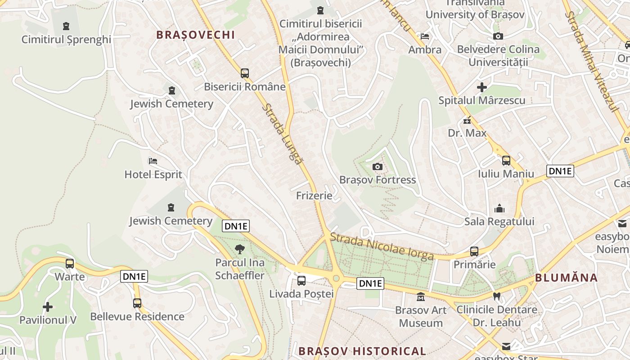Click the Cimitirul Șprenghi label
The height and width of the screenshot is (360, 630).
tap(66, 39)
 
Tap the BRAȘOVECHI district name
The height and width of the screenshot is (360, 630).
tap(196, 35)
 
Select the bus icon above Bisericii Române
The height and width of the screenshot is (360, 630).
tap(245, 73)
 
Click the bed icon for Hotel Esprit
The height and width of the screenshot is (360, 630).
tap(153, 161)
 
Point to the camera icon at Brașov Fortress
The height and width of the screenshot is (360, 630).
tap(378, 167)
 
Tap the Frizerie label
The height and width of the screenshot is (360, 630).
tap(314, 195)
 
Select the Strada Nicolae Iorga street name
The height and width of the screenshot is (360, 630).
tap(382, 246)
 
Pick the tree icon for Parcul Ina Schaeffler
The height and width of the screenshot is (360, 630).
tap(240, 249)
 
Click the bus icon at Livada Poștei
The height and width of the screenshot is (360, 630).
tap(301, 281)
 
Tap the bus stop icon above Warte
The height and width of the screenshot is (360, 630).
tap(70, 263)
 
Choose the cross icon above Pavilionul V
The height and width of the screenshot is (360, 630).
tap(48, 307)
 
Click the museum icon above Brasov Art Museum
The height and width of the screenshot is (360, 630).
tap(421, 297)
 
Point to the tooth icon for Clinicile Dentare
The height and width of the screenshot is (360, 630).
tap(497, 297)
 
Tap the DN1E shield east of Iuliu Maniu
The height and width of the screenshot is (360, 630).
tap(560, 171)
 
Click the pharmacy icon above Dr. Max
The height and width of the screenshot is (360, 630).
tap(467, 120)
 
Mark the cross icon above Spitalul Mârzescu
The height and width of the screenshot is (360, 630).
tap(482, 87)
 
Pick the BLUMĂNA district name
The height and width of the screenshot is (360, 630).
tap(566, 278)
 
